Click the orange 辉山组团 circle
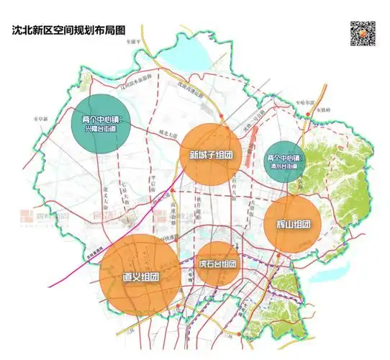pos(293,223)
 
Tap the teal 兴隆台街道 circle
pos(105,123)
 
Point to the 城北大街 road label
pos(167,133)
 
